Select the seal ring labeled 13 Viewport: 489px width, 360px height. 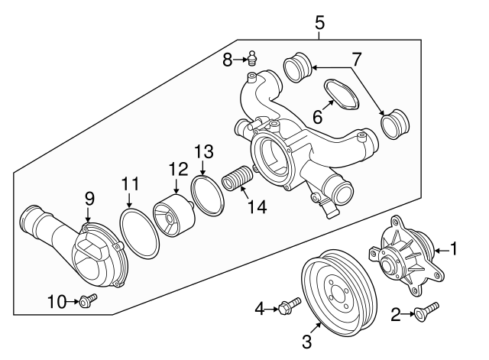204,191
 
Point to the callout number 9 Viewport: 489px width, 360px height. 89,199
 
